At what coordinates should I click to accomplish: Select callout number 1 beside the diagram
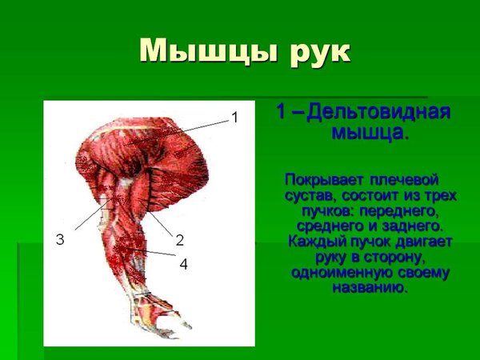tap(234, 118)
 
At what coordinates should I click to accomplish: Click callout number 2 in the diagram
tap(180, 240)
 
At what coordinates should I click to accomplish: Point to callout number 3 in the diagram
tap(60, 239)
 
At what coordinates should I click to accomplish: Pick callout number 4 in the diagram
tap(183, 264)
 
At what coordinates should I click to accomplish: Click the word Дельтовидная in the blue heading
tap(378, 112)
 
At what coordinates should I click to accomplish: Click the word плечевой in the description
tap(404, 180)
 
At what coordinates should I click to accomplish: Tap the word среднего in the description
tap(330, 227)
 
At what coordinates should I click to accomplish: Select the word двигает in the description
tap(424, 242)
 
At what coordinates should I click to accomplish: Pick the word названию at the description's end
tap(370, 288)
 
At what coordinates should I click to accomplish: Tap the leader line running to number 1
tap(178, 132)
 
